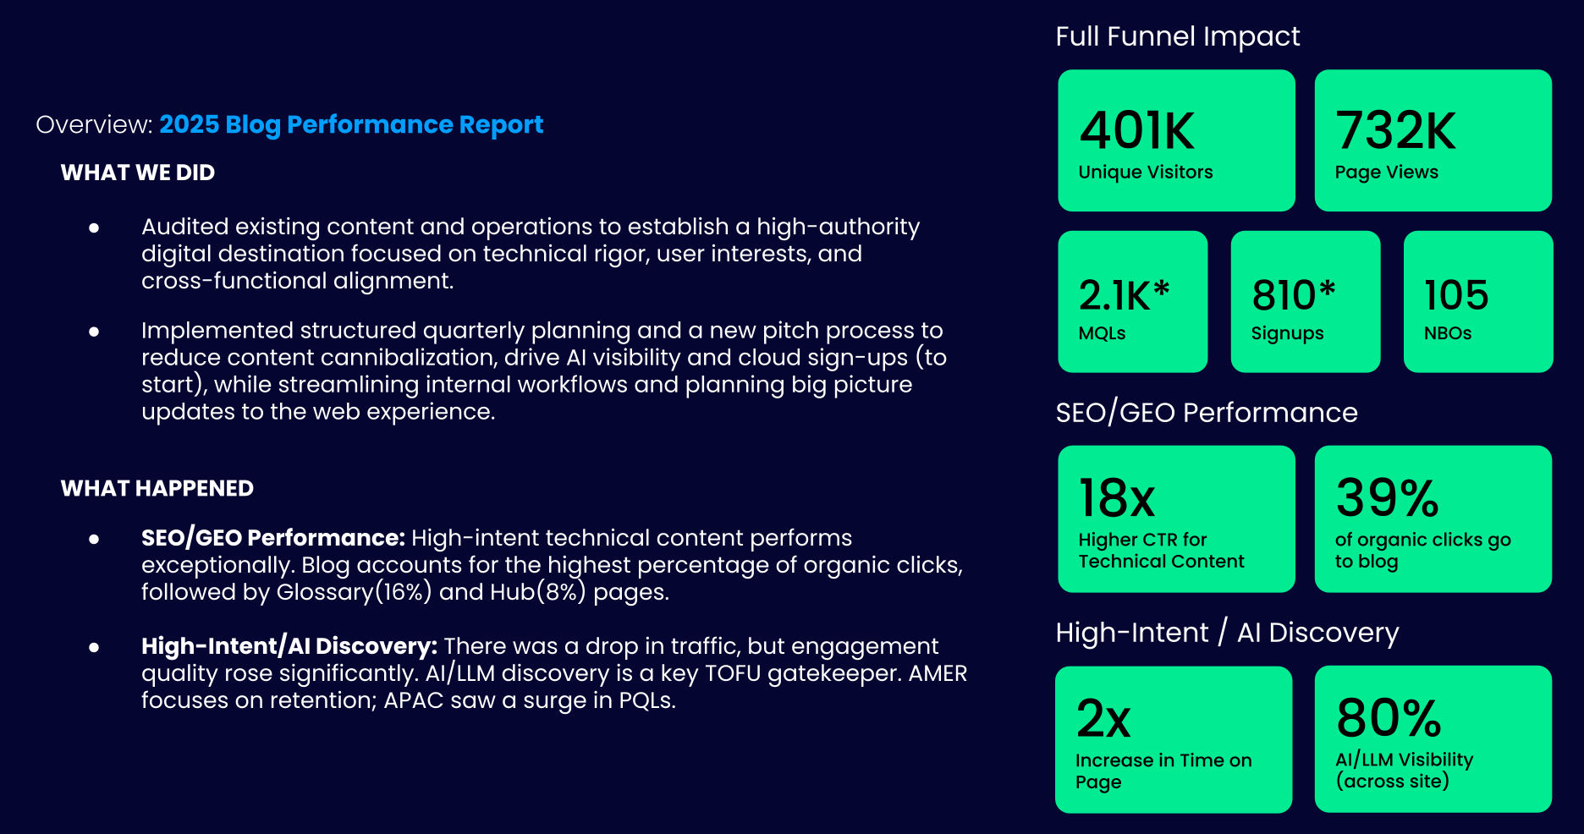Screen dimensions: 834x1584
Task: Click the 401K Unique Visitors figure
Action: point(1136,131)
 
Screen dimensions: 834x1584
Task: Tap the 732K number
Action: point(1394,131)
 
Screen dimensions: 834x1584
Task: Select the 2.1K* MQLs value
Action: point(1123,295)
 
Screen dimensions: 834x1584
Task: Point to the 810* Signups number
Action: point(1293,295)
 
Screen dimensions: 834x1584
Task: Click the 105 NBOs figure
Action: point(1455,295)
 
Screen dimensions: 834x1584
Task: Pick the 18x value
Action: point(1116,498)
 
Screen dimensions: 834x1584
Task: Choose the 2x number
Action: point(1103,719)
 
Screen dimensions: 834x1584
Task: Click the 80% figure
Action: point(1389,718)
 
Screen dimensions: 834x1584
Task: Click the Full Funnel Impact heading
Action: point(1177,36)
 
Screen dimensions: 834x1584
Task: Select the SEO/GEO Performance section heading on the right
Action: point(1206,413)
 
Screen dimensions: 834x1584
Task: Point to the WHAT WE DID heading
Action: point(138,173)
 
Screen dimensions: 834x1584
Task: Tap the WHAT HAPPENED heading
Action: point(157,488)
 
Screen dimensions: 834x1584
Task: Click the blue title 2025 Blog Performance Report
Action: point(351,124)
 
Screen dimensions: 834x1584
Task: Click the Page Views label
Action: point(1386,173)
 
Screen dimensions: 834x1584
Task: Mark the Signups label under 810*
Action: point(1287,333)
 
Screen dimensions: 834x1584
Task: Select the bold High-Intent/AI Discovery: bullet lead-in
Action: point(289,646)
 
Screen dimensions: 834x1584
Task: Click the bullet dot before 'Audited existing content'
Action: point(94,228)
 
